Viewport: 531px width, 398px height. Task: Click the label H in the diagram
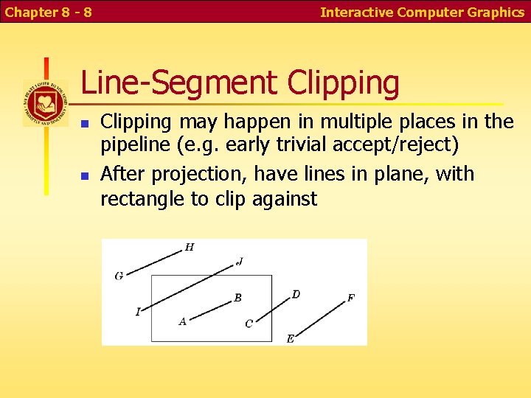coord(190,247)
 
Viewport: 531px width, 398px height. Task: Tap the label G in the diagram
coord(119,276)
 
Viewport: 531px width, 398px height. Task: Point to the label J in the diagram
coord(240,261)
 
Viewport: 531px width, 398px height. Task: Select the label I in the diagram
coord(138,312)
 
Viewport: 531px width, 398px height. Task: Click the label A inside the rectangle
coord(182,321)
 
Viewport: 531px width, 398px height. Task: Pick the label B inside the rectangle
coord(237,298)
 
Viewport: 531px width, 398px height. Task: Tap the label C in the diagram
coord(249,324)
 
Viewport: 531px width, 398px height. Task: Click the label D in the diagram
coord(296,295)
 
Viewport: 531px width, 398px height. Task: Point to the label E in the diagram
coord(290,338)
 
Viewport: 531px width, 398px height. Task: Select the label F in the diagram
coord(350,298)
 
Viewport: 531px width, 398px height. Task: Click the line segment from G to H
coord(154,262)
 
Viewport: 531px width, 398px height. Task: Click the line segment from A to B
coord(211,309)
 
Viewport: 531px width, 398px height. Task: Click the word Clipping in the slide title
coord(343,83)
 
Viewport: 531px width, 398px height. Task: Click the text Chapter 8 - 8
coord(47,12)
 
